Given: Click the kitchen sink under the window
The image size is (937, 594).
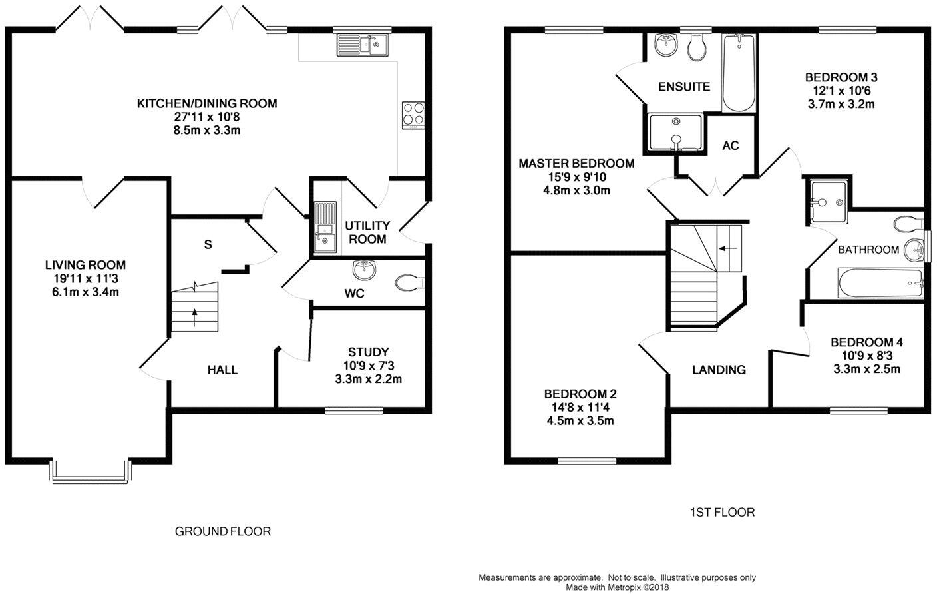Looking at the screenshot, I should coord(363,45).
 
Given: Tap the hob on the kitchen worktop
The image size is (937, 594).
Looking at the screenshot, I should coord(413,114).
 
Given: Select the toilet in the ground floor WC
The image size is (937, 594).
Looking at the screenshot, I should coord(409,283).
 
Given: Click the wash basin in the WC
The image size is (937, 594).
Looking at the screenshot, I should coord(365,270).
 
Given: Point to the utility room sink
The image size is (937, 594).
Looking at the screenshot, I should coord(325,227).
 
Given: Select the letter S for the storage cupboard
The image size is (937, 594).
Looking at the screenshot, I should coord(208,245).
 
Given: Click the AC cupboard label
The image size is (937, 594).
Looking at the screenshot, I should coord(730,145).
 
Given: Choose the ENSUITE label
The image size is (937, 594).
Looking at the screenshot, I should coord(683,87).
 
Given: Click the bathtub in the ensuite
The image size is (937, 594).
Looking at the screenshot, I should coord(739,73).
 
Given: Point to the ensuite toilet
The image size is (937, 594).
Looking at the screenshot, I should coord(697,48).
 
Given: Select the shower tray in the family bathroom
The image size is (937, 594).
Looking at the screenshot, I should coord(828,192).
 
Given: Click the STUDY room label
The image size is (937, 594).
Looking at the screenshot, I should coord(368,352).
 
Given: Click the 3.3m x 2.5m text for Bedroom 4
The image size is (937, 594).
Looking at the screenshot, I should coord(866,369).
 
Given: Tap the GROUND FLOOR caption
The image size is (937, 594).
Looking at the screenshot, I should coord(222,531).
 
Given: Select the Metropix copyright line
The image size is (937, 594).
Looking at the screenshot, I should coord(617,587).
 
